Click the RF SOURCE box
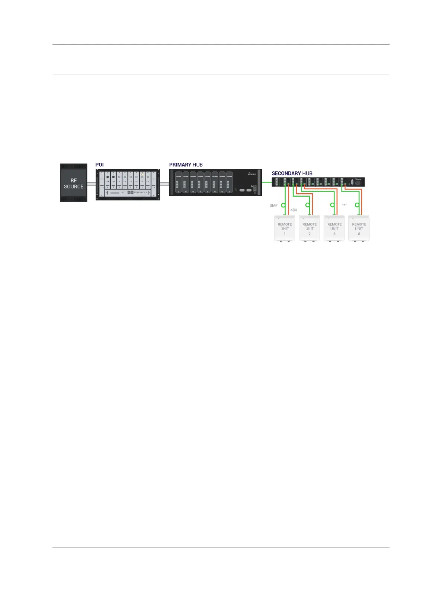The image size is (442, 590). (74, 183)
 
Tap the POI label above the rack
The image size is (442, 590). (99, 165)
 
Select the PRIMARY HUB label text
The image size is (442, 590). (186, 165)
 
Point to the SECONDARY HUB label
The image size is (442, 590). (292, 173)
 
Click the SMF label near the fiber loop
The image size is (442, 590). (273, 205)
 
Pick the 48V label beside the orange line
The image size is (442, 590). (294, 210)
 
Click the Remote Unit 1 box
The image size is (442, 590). (285, 228)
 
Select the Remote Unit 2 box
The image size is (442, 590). (309, 228)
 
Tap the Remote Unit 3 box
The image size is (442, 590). (334, 228)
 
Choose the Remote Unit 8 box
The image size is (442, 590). (359, 228)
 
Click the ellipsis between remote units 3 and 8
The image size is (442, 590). (344, 205)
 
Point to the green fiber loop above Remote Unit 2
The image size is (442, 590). (307, 205)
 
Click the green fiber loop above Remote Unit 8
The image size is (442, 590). (357, 205)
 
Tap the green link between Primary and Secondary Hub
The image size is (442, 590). (267, 182)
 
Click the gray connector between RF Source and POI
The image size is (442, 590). (91, 184)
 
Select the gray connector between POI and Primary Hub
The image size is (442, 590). (164, 184)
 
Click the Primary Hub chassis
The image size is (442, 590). (215, 182)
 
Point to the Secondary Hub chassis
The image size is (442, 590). (318, 182)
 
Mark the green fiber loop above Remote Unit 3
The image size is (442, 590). (332, 205)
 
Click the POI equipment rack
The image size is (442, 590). (128, 185)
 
